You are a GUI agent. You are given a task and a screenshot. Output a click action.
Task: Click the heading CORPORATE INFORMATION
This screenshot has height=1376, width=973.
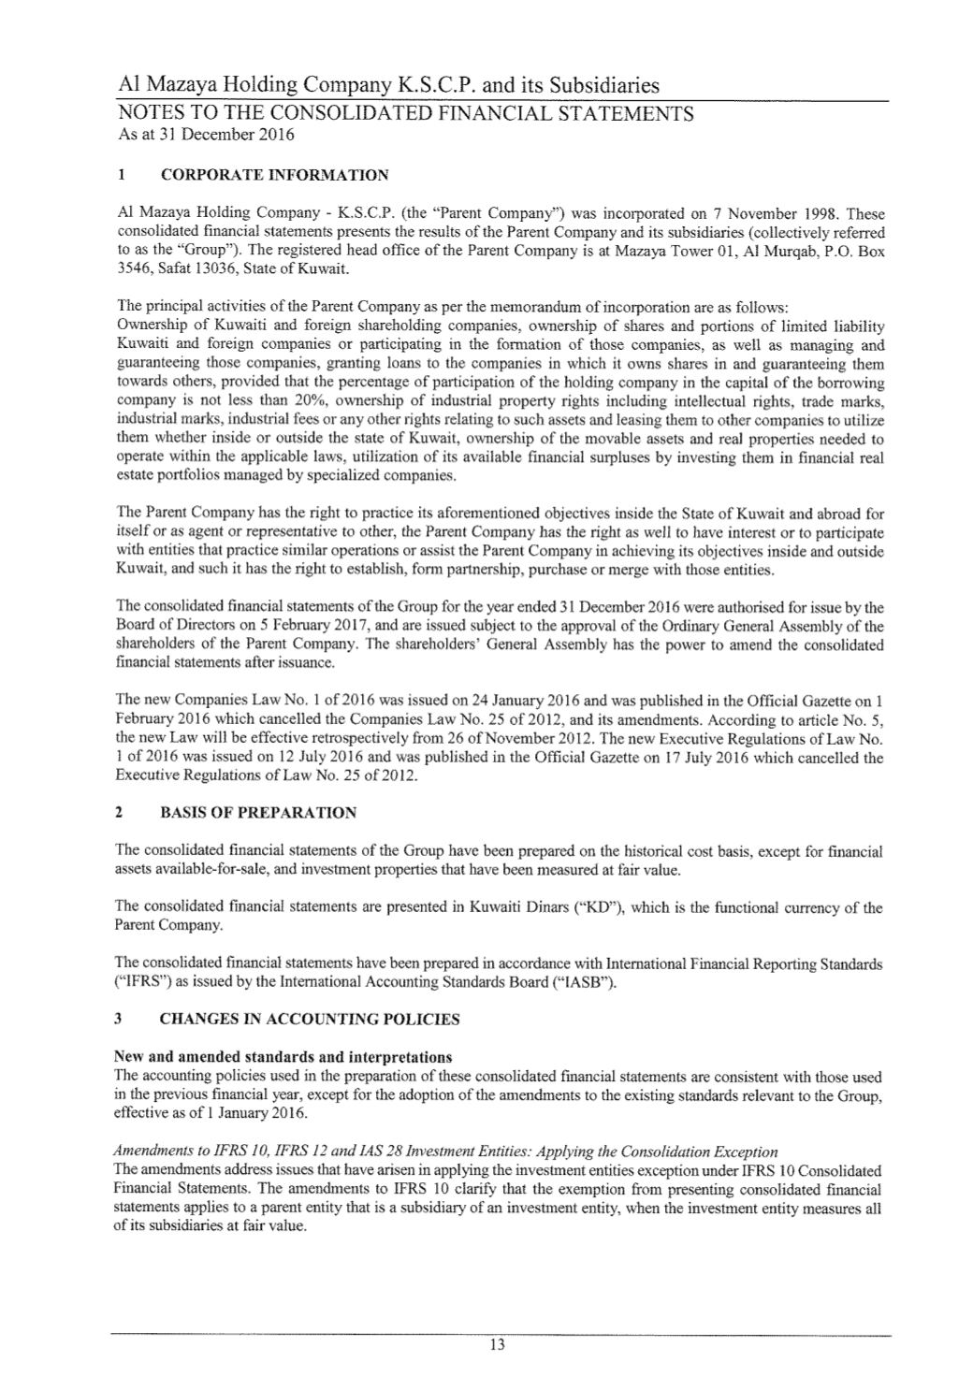click(x=274, y=175)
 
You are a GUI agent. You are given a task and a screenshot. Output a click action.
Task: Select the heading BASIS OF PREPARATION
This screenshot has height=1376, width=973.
click(x=258, y=812)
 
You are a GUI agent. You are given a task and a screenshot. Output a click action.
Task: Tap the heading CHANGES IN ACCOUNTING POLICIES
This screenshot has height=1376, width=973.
click(x=310, y=1019)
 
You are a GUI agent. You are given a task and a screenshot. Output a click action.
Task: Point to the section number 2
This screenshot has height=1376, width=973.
click(x=119, y=812)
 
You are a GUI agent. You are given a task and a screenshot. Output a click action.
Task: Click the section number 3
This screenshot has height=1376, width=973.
click(x=119, y=1019)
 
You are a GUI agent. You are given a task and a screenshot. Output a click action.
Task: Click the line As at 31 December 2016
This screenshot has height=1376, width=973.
click(x=206, y=135)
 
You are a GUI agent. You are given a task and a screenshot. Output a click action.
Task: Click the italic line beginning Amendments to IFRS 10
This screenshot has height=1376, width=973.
click(x=445, y=1151)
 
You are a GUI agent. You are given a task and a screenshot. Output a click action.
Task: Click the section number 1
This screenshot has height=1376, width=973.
click(x=120, y=175)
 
